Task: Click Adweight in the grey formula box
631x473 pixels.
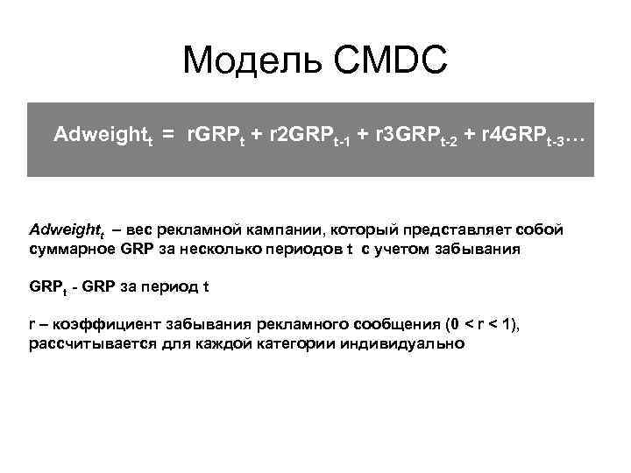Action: [x=100, y=136]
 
